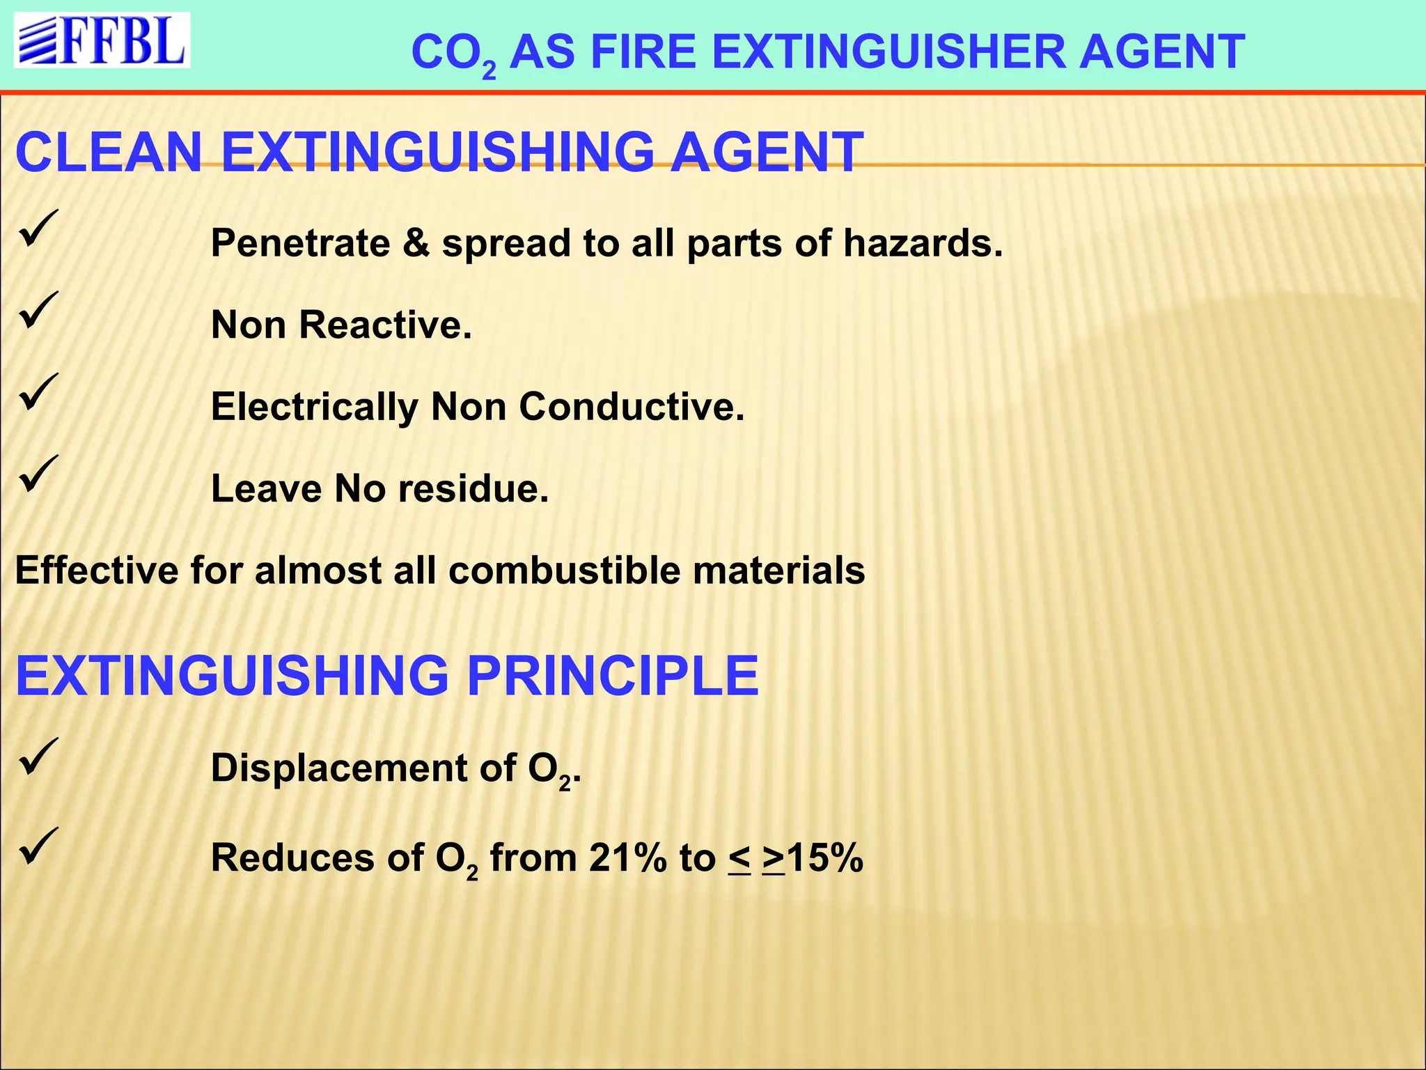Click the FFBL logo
tap(102, 40)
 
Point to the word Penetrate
tap(300, 243)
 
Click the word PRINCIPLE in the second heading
tap(612, 676)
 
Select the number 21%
tap(627, 858)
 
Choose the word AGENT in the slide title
tap(1161, 52)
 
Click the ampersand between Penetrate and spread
tap(416, 243)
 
